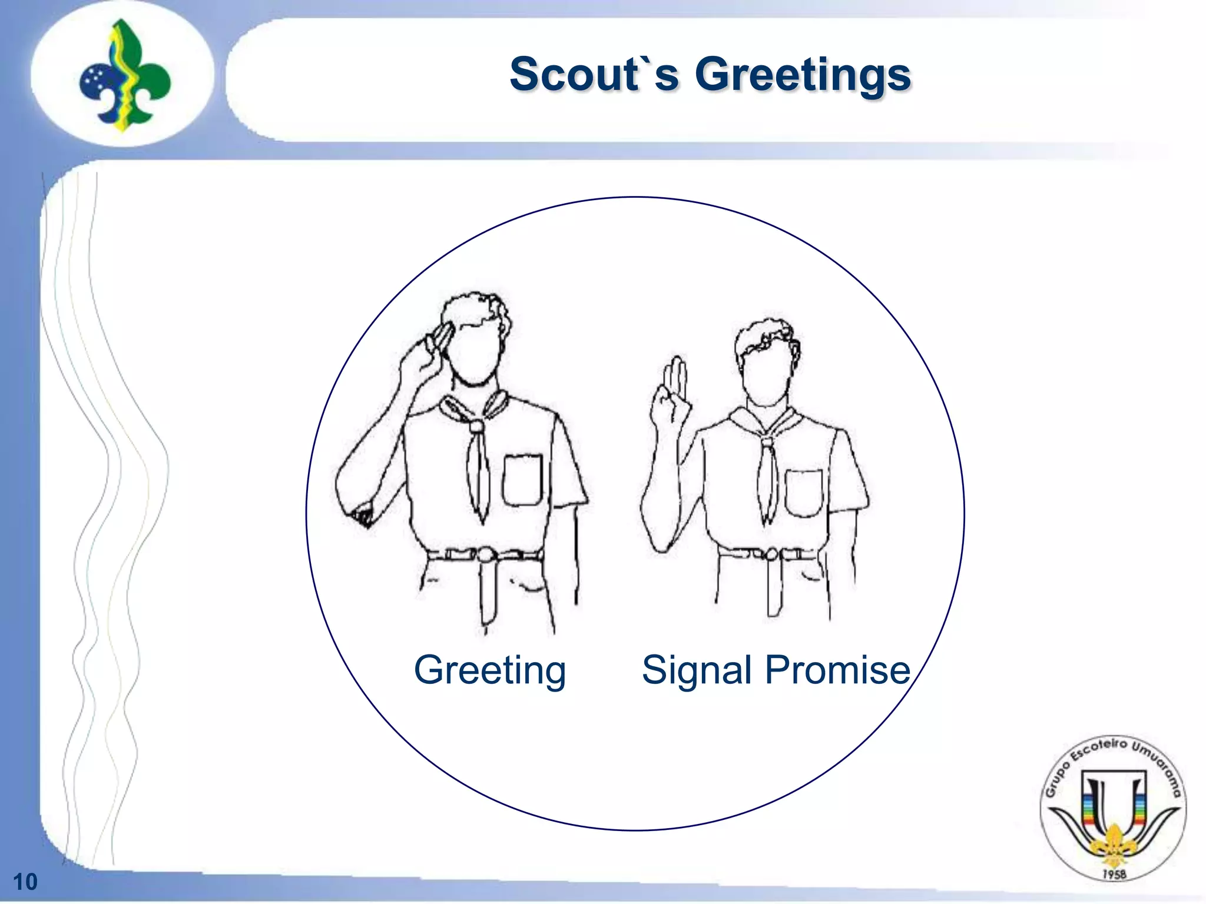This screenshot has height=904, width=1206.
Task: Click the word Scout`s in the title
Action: pos(594,75)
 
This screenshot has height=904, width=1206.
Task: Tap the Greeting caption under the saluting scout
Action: pos(489,670)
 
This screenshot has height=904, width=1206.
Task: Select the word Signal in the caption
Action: pos(697,670)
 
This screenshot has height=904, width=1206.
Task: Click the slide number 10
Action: pos(25,882)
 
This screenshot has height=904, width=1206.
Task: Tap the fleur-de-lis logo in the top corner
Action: pos(124,75)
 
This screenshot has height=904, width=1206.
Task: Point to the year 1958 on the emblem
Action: pos(1114,875)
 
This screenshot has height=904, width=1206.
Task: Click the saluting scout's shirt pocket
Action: pos(523,480)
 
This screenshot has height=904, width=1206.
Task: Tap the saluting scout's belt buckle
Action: pos(485,555)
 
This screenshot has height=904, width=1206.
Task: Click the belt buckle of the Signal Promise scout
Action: pos(770,554)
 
